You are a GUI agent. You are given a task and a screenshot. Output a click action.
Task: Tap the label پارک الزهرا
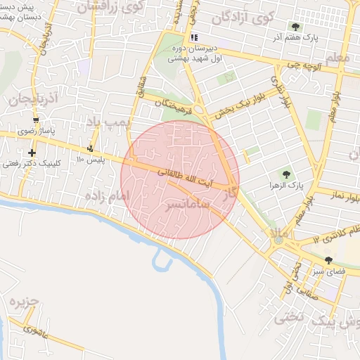285,186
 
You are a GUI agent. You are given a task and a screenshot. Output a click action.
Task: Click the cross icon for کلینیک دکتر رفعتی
31,153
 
